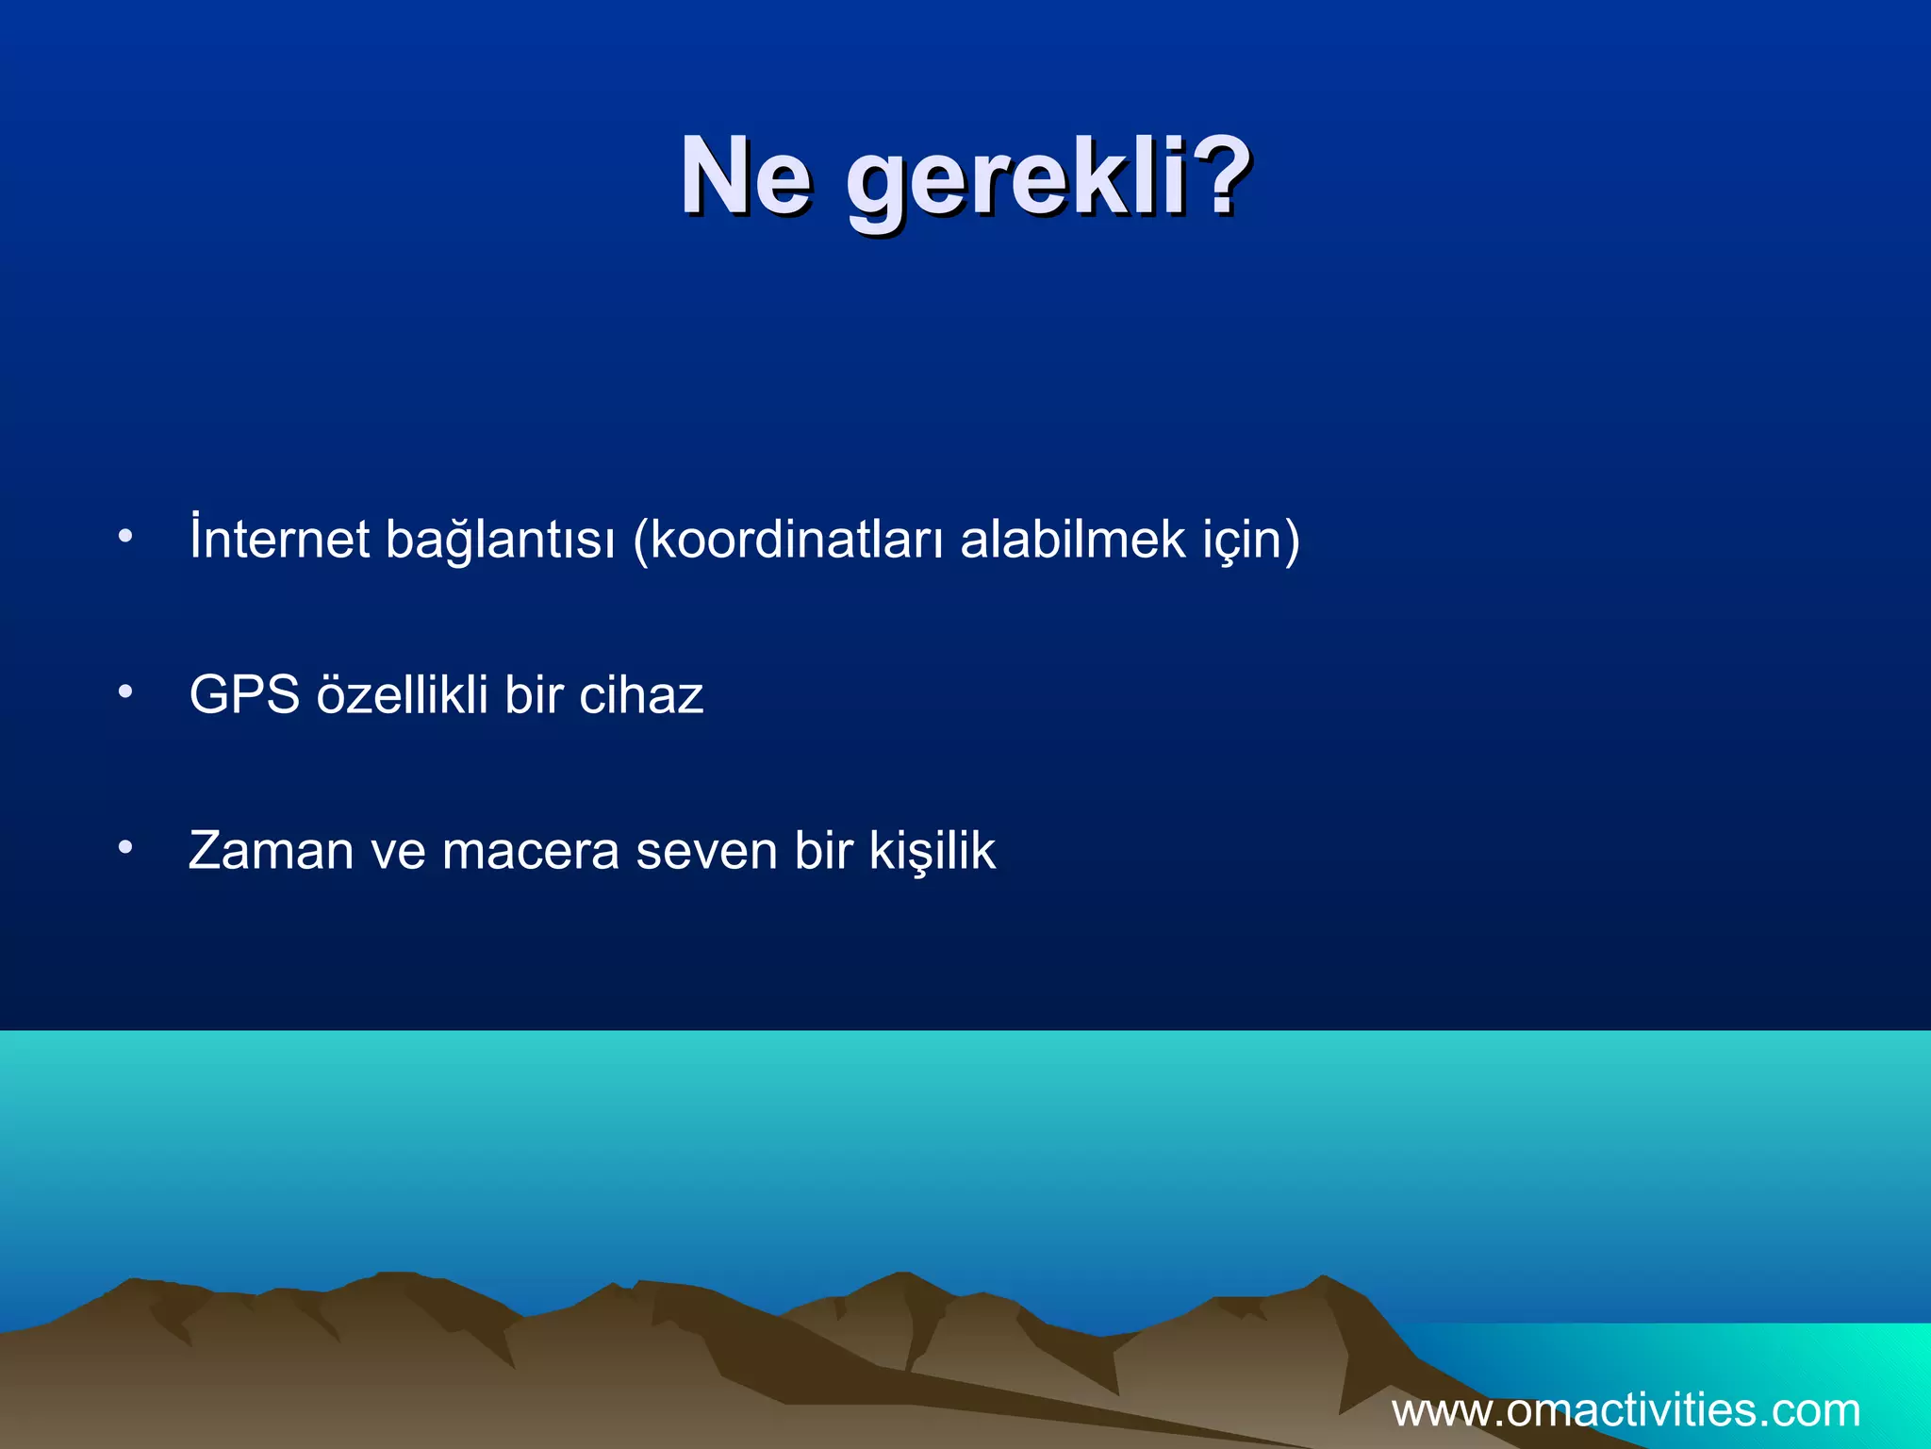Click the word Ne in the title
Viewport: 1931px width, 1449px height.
pos(745,177)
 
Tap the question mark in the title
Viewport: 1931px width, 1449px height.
pos(1221,175)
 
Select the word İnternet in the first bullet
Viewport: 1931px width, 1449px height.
pos(279,540)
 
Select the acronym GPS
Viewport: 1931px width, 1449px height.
pos(244,695)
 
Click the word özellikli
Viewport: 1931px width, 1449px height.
pos(403,695)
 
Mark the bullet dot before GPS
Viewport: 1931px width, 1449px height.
pos(125,693)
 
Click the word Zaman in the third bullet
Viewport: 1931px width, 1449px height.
pos(272,851)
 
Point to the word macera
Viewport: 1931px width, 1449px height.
pos(531,851)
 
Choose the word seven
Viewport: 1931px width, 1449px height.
pos(707,851)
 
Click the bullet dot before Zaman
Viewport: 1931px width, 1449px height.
pos(125,848)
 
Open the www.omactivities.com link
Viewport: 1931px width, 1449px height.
pos(1626,1411)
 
